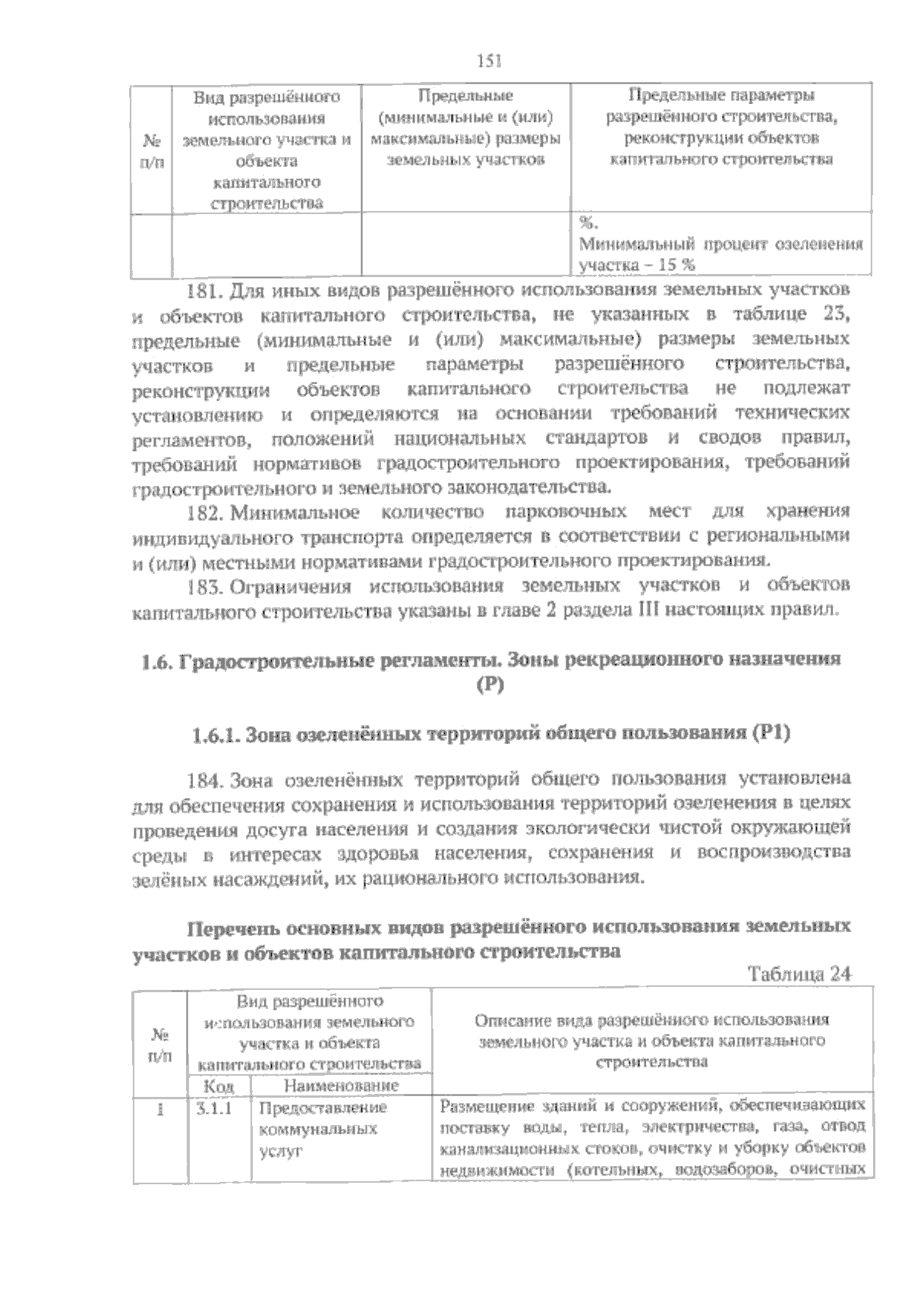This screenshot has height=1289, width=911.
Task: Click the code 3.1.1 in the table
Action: pos(213,1108)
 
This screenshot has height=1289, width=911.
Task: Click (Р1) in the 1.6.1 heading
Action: pos(771,734)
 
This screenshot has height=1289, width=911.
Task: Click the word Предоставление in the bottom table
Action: pos(323,1108)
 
